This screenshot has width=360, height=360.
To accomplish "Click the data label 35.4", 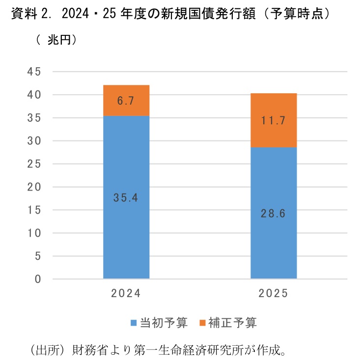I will pos(126,198).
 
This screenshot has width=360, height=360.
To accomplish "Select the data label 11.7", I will pos(274,120).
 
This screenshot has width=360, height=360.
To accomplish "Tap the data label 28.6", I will pos(274,214).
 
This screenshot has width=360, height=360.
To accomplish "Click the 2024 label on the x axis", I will pos(126,294).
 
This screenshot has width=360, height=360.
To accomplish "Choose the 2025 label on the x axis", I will pos(274,294).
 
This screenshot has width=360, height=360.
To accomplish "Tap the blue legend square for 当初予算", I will pos(133,323).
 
